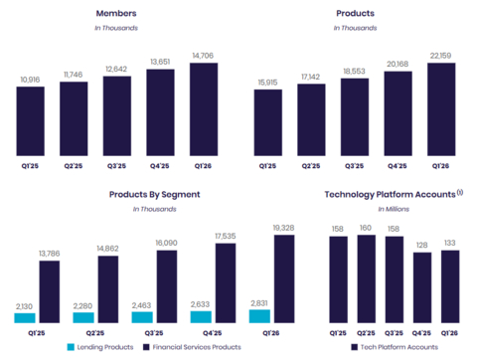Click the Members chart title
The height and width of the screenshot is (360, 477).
pos(117,15)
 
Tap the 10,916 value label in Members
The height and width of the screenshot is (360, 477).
pos(30,79)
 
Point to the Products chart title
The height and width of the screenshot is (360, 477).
pos(356,15)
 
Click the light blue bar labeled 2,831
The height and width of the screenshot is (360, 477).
pos(258,316)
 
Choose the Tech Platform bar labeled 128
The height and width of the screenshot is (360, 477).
pos(422,287)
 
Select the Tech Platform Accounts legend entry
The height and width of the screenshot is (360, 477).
pos(397,347)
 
